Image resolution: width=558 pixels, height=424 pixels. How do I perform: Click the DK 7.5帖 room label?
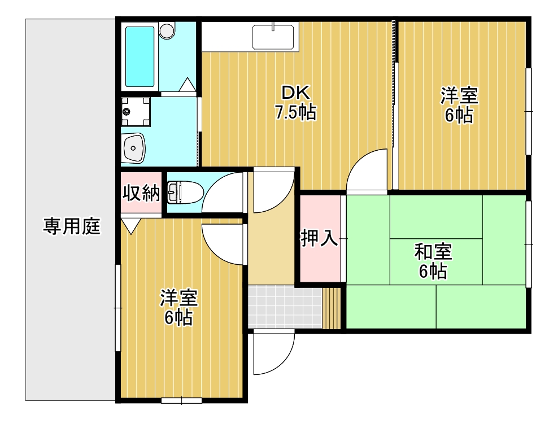[295, 102]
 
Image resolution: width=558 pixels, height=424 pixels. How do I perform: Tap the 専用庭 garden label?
[72, 226]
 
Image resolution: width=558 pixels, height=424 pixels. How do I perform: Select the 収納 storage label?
[141, 193]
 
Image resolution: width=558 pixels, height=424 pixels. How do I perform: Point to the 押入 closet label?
[319, 238]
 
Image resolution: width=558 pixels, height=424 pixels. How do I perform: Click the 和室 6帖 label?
[433, 261]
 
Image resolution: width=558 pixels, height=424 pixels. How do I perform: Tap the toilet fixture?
[185, 192]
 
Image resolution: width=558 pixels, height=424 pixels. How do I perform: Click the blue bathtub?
[140, 57]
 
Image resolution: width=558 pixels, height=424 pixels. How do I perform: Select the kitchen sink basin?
[273, 37]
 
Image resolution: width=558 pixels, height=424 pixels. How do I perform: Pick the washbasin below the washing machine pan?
[133, 148]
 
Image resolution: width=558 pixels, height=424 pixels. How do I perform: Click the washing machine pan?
[136, 112]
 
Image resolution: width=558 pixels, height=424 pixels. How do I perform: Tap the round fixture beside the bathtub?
[167, 30]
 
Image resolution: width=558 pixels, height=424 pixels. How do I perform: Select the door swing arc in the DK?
[367, 169]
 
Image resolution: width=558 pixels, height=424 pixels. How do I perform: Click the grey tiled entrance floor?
[285, 307]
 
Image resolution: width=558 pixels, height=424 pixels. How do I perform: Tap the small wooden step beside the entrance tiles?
[332, 308]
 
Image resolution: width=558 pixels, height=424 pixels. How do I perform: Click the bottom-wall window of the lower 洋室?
[181, 400]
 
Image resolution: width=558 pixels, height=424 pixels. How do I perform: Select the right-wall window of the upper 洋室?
[529, 111]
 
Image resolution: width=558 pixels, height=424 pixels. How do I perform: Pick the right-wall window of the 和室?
[529, 244]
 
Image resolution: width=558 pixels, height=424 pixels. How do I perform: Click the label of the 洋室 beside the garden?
[178, 308]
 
